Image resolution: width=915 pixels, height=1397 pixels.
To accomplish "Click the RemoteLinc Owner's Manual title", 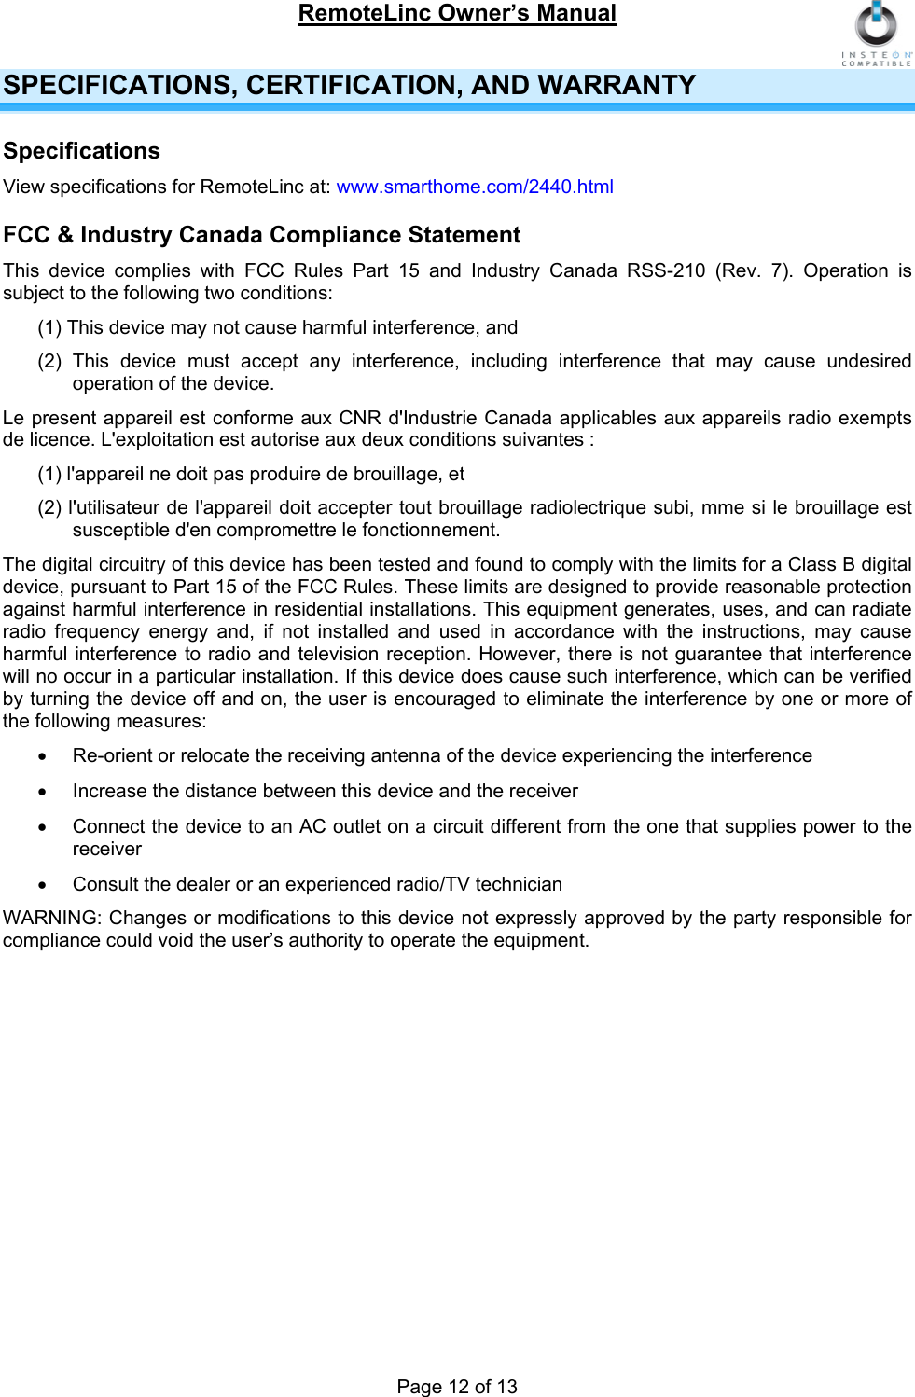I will pyautogui.click(x=457, y=14).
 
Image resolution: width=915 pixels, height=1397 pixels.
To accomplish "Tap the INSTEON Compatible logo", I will pyautogui.click(x=876, y=34).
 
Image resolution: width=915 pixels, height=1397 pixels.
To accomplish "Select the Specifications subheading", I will pyautogui.click(x=82, y=151).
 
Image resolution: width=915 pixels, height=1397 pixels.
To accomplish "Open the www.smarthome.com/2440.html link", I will pyautogui.click(x=475, y=187).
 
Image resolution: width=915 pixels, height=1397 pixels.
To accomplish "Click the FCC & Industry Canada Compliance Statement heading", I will pyautogui.click(x=261, y=235).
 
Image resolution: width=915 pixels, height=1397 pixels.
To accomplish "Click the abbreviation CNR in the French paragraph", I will pyautogui.click(x=360, y=418).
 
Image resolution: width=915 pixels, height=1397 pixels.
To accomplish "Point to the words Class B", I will pyautogui.click(x=821, y=564).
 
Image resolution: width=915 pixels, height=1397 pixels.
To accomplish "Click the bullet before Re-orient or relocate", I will pyautogui.click(x=42, y=757).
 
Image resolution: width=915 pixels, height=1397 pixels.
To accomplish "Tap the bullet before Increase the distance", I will pyautogui.click(x=42, y=793).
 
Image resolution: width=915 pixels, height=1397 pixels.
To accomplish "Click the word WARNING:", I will pyautogui.click(x=53, y=918).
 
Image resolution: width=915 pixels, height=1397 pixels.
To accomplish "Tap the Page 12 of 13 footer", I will pyautogui.click(x=457, y=1386).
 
